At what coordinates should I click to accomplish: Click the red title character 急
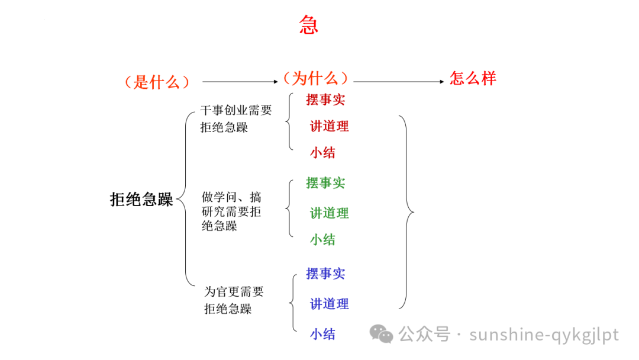tap(309, 25)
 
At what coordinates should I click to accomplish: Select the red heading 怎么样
tap(473, 78)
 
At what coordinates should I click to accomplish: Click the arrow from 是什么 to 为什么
tap(240, 82)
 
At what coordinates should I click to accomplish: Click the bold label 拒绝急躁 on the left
tap(141, 200)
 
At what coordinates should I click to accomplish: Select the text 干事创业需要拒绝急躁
tap(235, 118)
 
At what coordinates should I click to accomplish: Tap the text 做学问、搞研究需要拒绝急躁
tap(231, 211)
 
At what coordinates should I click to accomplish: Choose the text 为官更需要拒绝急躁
tap(234, 300)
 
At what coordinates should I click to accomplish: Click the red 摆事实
tap(325, 99)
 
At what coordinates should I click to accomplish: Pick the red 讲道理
tap(330, 126)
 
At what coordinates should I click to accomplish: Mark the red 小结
tap(322, 153)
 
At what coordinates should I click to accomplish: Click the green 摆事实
tap(325, 183)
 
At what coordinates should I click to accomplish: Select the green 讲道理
tap(330, 213)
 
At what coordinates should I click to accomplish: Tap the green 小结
tap(322, 239)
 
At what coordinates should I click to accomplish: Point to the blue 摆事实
tap(325, 274)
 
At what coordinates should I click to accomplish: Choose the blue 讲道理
tap(330, 304)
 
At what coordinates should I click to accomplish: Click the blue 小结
tap(322, 334)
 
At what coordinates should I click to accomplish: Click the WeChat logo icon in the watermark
tap(382, 335)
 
